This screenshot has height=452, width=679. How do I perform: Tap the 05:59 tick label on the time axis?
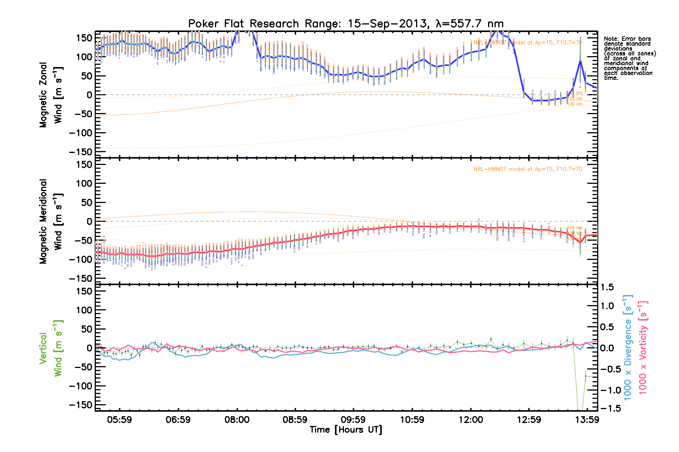[120, 420]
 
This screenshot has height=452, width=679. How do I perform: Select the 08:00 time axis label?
[237, 420]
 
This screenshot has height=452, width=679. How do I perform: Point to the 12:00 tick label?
[471, 420]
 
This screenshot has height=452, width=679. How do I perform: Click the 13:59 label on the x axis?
[587, 420]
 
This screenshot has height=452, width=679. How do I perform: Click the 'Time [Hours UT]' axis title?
[346, 430]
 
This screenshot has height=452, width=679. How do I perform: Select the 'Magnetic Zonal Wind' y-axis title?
[51, 95]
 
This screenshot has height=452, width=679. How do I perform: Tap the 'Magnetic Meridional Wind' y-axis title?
[51, 221]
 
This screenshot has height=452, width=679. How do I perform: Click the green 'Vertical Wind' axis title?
[51, 348]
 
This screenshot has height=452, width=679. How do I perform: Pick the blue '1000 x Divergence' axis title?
[628, 347]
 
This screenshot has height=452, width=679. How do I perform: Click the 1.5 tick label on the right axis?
[607, 287]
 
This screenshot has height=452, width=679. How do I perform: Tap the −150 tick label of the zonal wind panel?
[81, 152]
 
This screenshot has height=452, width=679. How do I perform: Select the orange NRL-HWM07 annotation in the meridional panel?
[528, 169]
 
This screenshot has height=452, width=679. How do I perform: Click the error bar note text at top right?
[629, 58]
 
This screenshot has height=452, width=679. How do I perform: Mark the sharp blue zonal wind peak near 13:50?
[580, 60]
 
